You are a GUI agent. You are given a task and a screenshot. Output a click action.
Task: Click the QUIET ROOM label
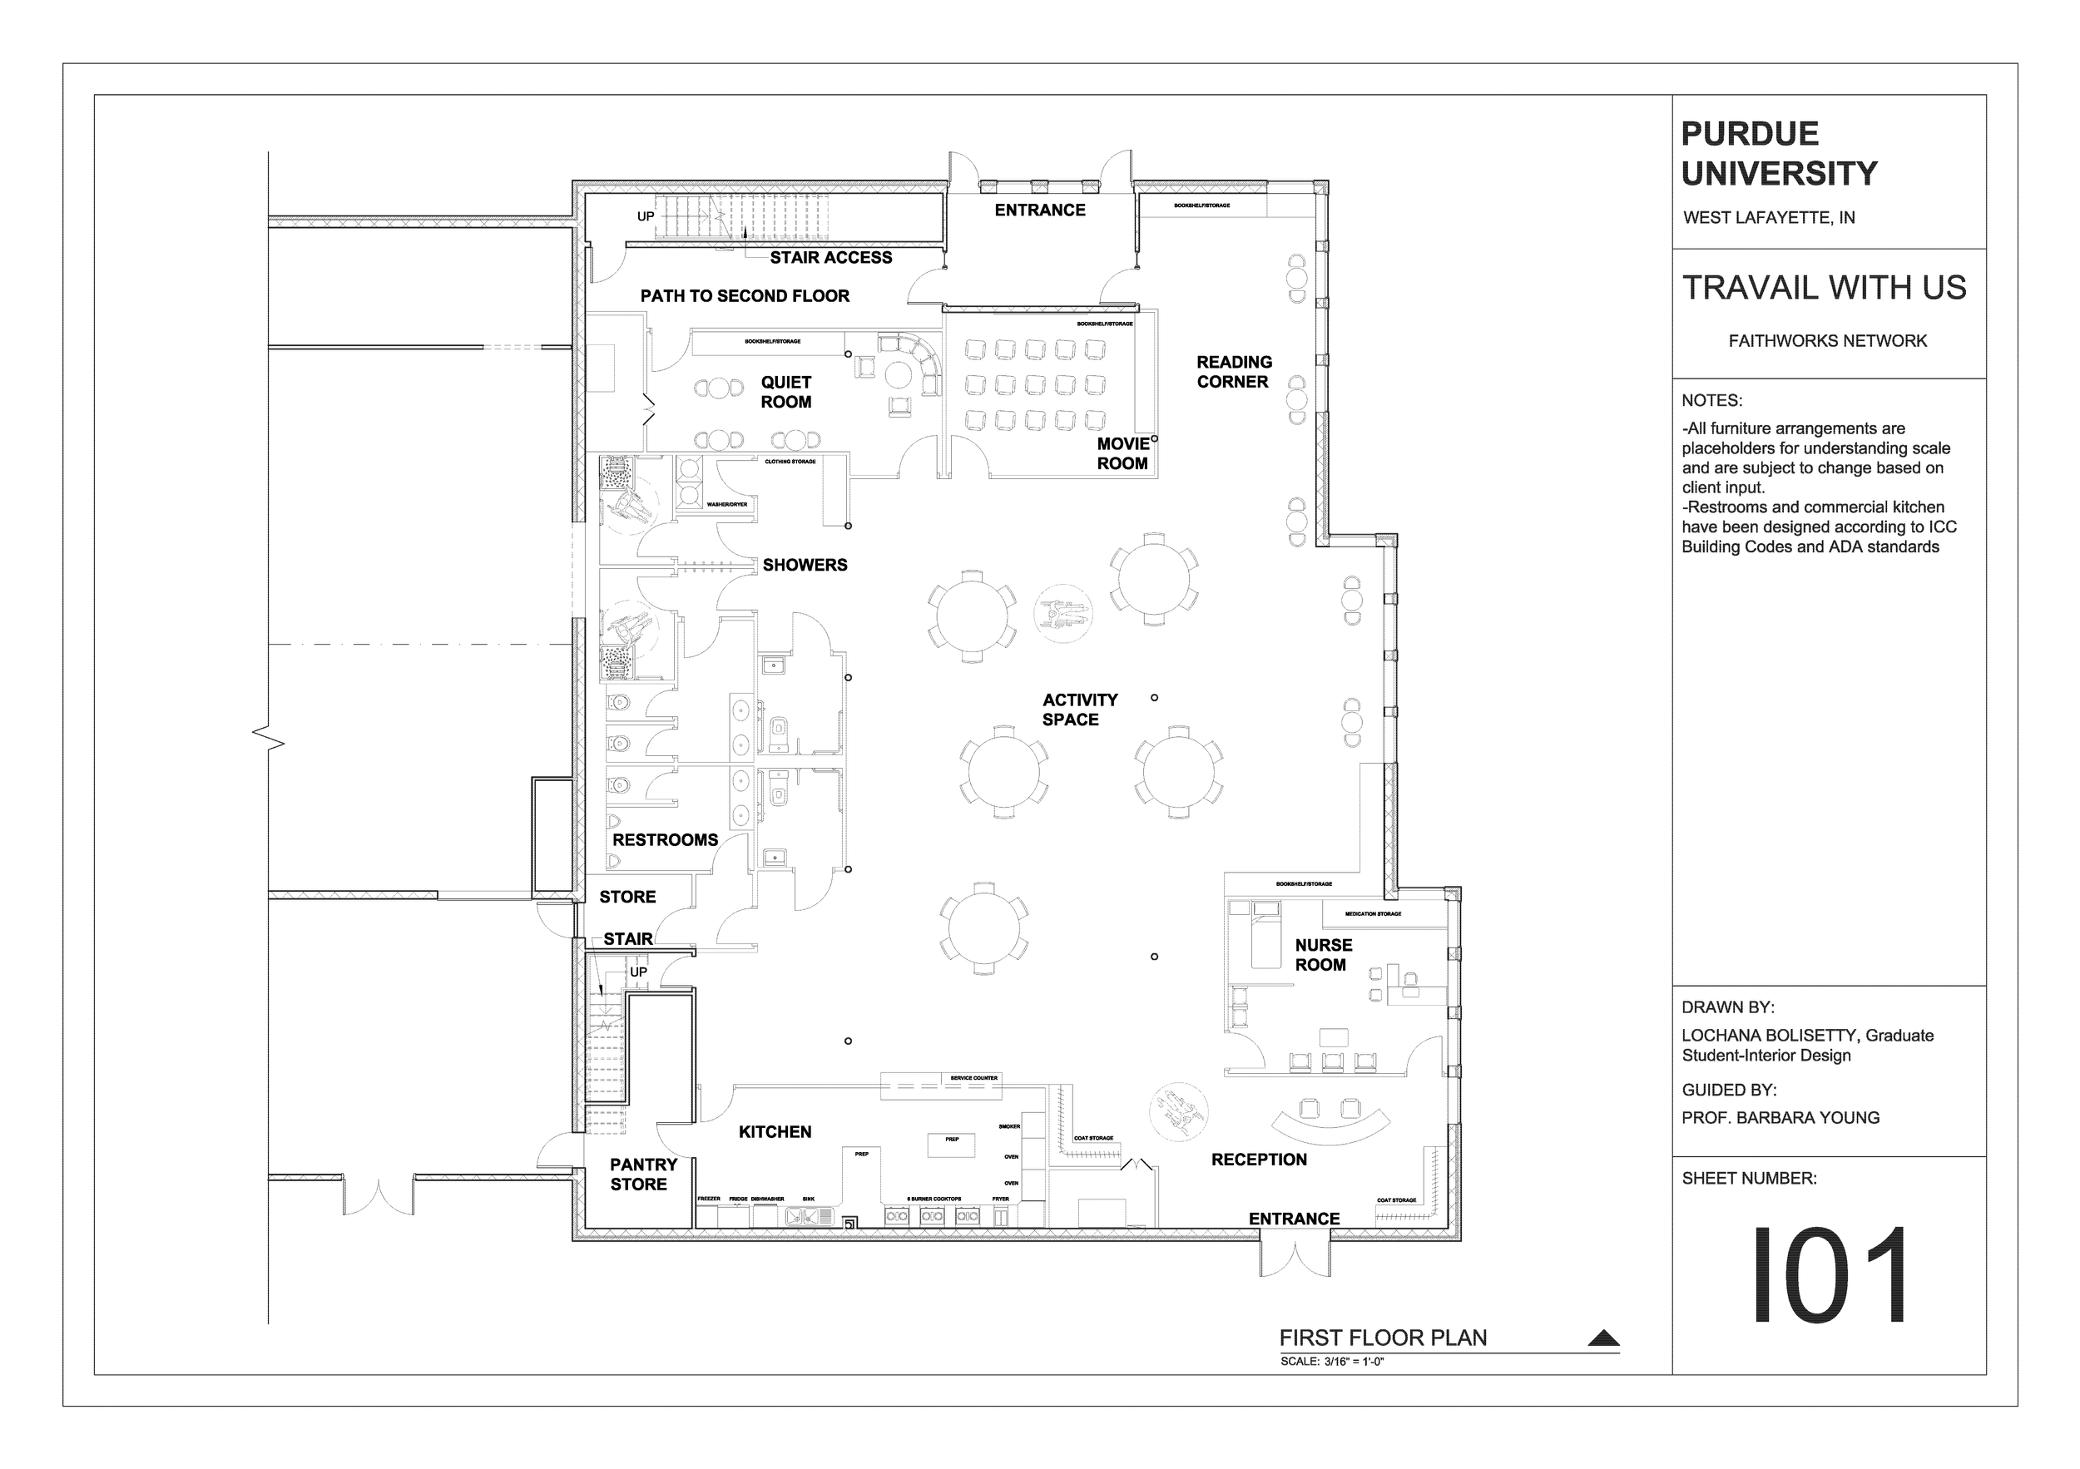[x=785, y=392]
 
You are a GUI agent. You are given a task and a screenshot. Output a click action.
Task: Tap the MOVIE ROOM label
[x=1122, y=453]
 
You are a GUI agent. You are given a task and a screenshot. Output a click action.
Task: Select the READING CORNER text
[x=1234, y=372]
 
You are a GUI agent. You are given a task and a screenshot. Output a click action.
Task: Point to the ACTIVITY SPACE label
[x=1079, y=710]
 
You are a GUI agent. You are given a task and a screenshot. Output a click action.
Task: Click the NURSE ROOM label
[x=1323, y=955]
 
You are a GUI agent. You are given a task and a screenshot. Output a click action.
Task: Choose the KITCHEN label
[x=775, y=1132]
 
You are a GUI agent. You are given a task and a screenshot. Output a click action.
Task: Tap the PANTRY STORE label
[x=642, y=1175]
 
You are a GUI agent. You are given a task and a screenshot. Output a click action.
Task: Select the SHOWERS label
[x=805, y=565]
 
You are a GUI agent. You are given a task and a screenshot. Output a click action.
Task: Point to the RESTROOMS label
[x=665, y=840]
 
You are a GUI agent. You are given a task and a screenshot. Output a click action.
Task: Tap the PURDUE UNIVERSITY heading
[x=1778, y=154]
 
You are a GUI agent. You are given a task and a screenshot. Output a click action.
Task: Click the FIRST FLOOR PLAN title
[x=1383, y=1338]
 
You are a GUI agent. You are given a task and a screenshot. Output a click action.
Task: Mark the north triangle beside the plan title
[x=1603, y=1338]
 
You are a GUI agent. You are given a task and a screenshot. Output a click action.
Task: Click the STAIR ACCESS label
[x=830, y=258]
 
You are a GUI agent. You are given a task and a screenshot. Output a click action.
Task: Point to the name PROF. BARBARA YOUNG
[x=1780, y=1119]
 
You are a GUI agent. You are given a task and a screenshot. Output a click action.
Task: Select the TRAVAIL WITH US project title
[x=1824, y=288]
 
